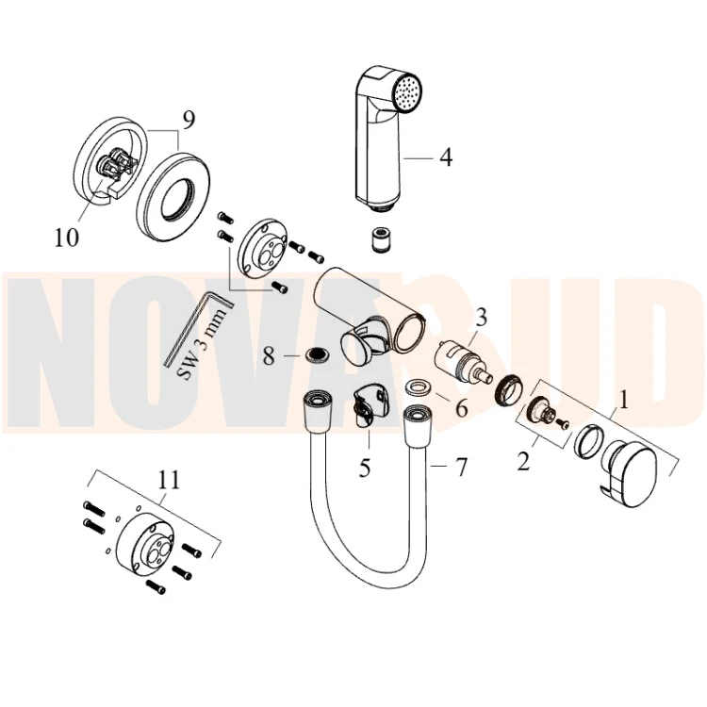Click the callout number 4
[x=446, y=157]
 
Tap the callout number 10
[x=67, y=238]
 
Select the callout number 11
[x=169, y=480]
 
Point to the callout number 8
[x=269, y=356]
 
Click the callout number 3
[x=482, y=317]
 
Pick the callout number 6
[x=462, y=408]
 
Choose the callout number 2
[x=523, y=462]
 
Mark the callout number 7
[x=461, y=468]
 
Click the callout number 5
[x=365, y=468]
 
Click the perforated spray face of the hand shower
[x=408, y=92]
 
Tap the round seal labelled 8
[x=317, y=353]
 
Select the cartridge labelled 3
[x=457, y=364]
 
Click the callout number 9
[x=189, y=120]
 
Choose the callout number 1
[x=623, y=401]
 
